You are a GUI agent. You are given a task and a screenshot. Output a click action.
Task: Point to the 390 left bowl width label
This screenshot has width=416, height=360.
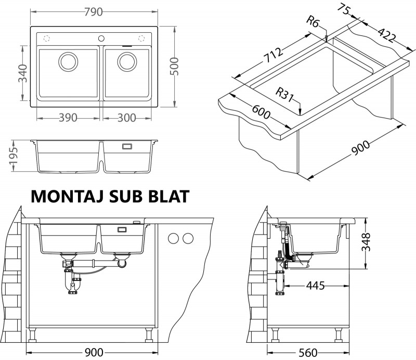pyautogui.click(x=68, y=118)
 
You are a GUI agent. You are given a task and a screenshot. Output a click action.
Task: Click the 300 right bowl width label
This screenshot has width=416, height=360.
pyautogui.click(x=127, y=118)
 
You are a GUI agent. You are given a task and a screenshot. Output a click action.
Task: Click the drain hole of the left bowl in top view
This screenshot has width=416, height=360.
pyautogui.click(x=68, y=61)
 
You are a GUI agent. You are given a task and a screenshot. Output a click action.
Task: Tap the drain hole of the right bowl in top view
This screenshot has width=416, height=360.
pyautogui.click(x=126, y=61)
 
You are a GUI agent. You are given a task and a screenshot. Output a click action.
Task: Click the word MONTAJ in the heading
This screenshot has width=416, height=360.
pyautogui.click(x=68, y=197)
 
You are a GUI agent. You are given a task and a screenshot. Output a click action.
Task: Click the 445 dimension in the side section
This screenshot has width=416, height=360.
pyautogui.click(x=315, y=286)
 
